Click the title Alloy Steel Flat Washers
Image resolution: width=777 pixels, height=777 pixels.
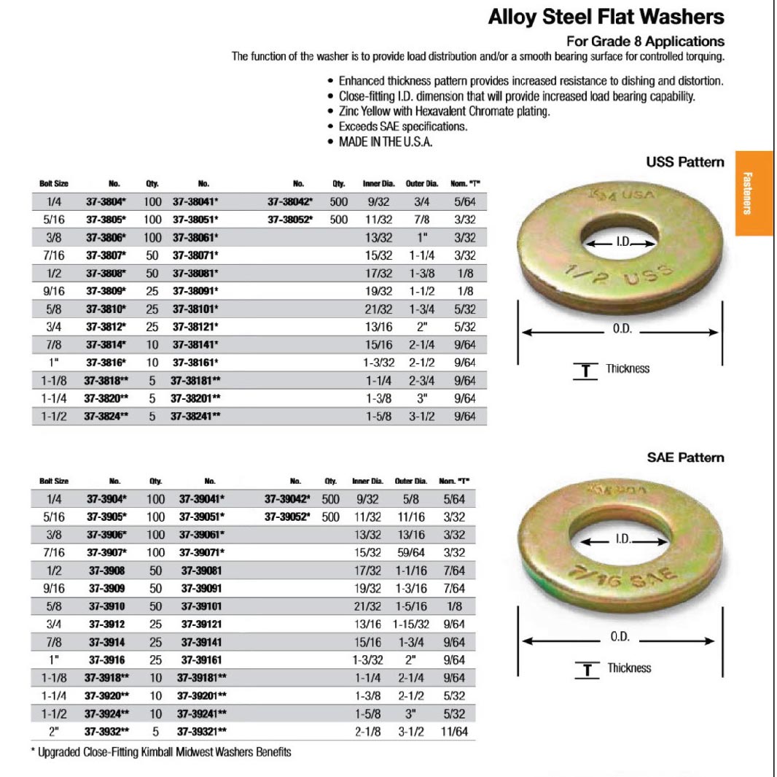tap(606, 18)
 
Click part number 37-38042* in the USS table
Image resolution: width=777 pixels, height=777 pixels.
tap(290, 202)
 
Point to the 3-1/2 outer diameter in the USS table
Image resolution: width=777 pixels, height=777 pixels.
tap(423, 417)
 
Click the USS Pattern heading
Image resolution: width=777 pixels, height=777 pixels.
tap(684, 162)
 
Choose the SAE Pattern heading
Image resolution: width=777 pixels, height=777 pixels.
tap(685, 457)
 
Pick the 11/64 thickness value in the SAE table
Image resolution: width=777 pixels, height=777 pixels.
tap(453, 731)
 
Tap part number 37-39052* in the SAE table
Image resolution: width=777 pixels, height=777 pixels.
tap(287, 517)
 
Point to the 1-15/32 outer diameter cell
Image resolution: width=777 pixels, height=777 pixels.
tap(411, 625)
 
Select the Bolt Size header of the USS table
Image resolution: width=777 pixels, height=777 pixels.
tap(54, 184)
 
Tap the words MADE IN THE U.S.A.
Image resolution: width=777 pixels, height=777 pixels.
tap(386, 142)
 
